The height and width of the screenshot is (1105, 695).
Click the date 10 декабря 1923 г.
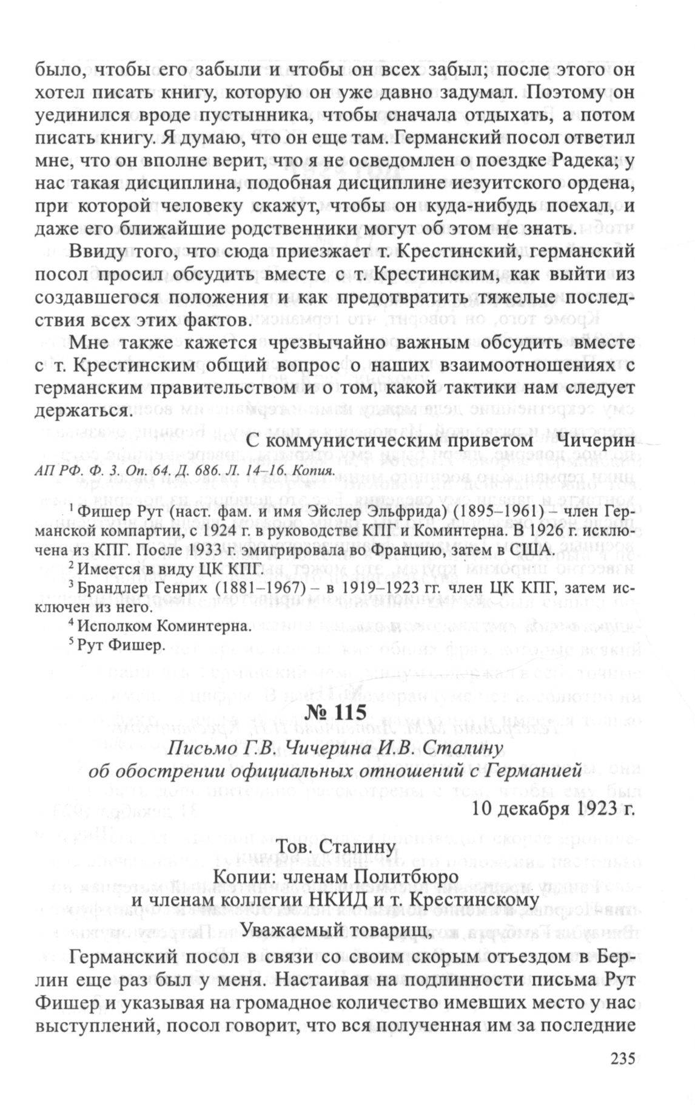[552, 808]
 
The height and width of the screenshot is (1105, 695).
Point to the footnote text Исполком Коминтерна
[164, 626]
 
